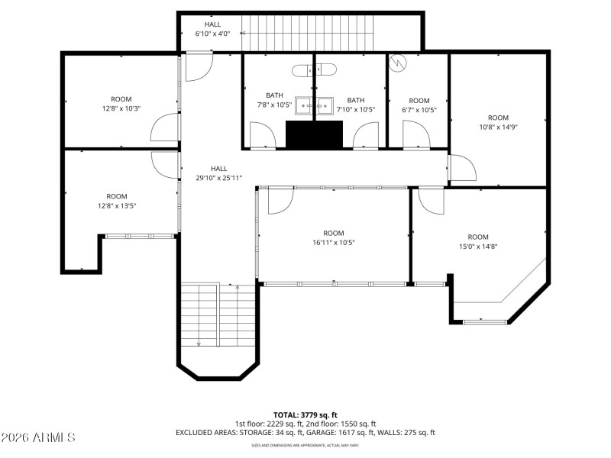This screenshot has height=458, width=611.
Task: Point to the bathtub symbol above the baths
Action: pos(314,70)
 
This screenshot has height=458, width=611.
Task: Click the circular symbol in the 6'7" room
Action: pos(397,64)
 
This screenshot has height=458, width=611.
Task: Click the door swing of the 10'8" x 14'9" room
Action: pos(460,168)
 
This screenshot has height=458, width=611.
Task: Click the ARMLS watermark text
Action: pos(38,437)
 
